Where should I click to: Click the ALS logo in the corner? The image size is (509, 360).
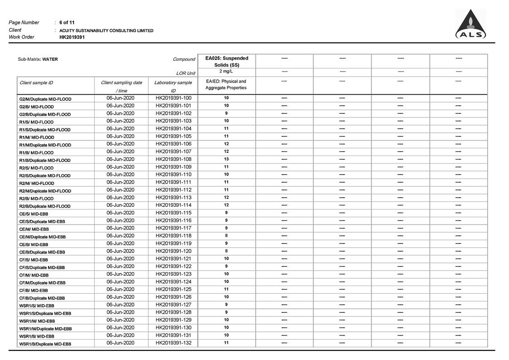coord(470,24)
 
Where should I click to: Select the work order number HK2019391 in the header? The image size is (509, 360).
coord(72,37)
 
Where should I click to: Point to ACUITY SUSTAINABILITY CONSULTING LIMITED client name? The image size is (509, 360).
coord(106,30)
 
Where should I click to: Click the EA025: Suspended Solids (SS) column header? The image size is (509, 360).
coord(226,61)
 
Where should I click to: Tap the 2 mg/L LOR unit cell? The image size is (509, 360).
coord(226,72)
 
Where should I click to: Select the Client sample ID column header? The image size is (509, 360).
coord(36,83)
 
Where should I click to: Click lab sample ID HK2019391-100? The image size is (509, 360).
coord(173,98)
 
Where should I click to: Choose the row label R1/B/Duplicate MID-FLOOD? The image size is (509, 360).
coord(44,160)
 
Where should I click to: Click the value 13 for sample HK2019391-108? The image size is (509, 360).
coord(226,159)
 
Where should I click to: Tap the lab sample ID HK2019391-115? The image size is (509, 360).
coord(173,213)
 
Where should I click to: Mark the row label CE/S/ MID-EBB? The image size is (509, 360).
coord(33,214)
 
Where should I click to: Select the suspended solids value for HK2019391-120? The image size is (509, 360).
coord(226,251)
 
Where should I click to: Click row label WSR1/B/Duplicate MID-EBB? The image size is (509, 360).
coord(45,344)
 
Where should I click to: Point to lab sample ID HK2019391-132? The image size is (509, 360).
coord(173,343)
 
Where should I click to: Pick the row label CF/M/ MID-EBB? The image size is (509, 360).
coord(34,275)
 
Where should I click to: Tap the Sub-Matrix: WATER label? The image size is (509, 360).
coord(38,59)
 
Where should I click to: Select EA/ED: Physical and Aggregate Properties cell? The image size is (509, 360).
coord(226,84)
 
